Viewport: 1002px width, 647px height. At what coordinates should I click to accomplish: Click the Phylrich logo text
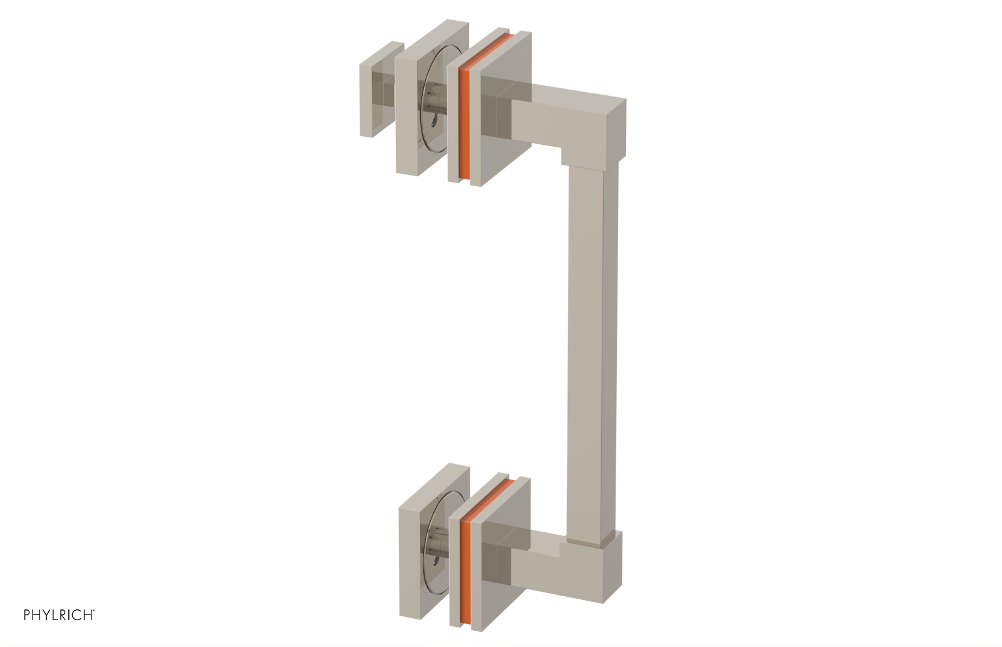[59, 615]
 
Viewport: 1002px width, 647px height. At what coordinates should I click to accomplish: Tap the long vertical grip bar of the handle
[592, 351]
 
